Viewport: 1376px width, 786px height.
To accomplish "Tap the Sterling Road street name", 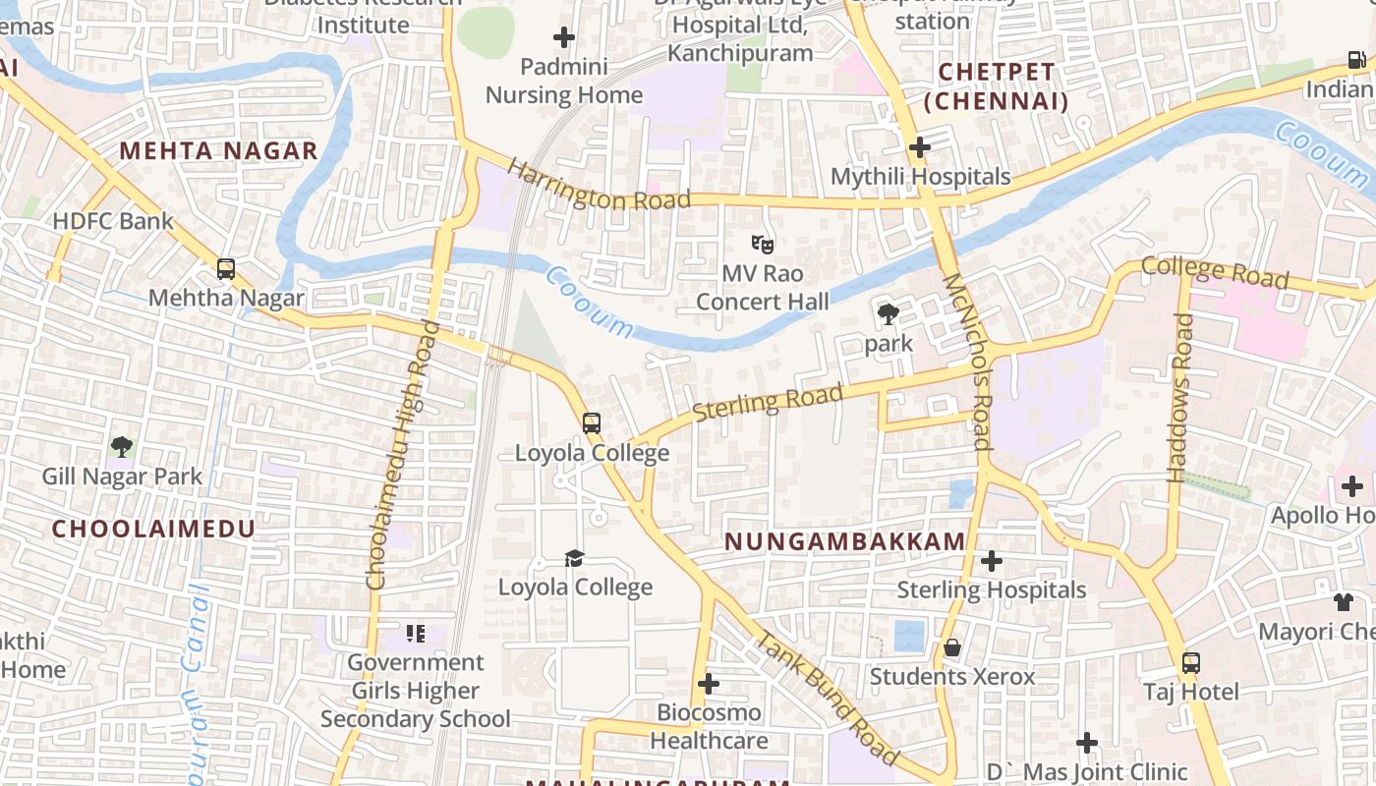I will [x=769, y=403].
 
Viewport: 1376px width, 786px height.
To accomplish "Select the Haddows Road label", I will [x=1179, y=398].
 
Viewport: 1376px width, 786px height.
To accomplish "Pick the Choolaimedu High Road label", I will [x=403, y=454].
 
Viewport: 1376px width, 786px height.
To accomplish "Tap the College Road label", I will [x=1215, y=272].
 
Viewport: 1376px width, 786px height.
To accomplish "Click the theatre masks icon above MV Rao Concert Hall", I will [x=762, y=243].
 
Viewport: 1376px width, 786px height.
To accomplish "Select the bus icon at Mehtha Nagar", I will [x=226, y=268].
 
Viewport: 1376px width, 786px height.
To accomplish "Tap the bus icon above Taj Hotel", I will [x=1191, y=662].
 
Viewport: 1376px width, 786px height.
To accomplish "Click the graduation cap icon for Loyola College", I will [x=574, y=558].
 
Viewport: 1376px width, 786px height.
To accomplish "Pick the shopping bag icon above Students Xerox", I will [x=951, y=647].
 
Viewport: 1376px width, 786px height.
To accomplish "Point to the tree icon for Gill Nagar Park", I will [x=122, y=447].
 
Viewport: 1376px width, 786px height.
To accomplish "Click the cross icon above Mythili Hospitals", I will [x=920, y=147].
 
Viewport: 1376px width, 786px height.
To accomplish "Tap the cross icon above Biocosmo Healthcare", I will [x=709, y=684].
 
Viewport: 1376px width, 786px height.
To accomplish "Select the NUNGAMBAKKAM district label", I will [x=845, y=541].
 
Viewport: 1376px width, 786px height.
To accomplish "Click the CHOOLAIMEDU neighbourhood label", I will [x=153, y=529].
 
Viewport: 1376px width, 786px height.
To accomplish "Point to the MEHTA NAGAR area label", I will [x=218, y=150].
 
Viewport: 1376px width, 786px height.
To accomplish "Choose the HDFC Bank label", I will [x=113, y=221].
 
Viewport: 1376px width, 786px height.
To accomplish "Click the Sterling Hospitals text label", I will [x=992, y=589].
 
